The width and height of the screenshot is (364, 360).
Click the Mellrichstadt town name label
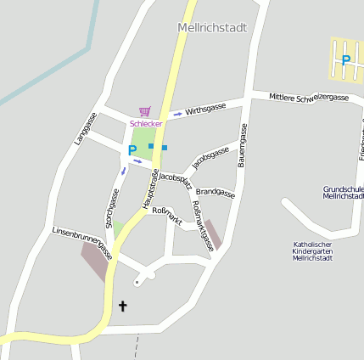point(212,28)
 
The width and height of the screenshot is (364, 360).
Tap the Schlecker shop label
point(145,123)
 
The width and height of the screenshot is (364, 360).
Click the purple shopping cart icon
point(144,111)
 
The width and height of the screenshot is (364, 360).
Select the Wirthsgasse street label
point(205,109)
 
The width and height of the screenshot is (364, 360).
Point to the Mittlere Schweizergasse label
point(309,98)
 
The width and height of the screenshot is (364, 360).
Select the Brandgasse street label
point(215,192)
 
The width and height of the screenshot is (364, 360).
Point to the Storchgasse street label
point(109,208)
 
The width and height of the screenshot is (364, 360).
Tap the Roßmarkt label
point(167,215)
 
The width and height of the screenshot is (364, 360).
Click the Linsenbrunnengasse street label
point(82,243)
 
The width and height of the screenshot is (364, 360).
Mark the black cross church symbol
point(122,306)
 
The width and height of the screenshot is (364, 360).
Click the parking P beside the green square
point(132,151)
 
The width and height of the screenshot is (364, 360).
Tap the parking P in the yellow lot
point(345,60)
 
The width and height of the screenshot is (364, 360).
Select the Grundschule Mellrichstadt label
point(343,193)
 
